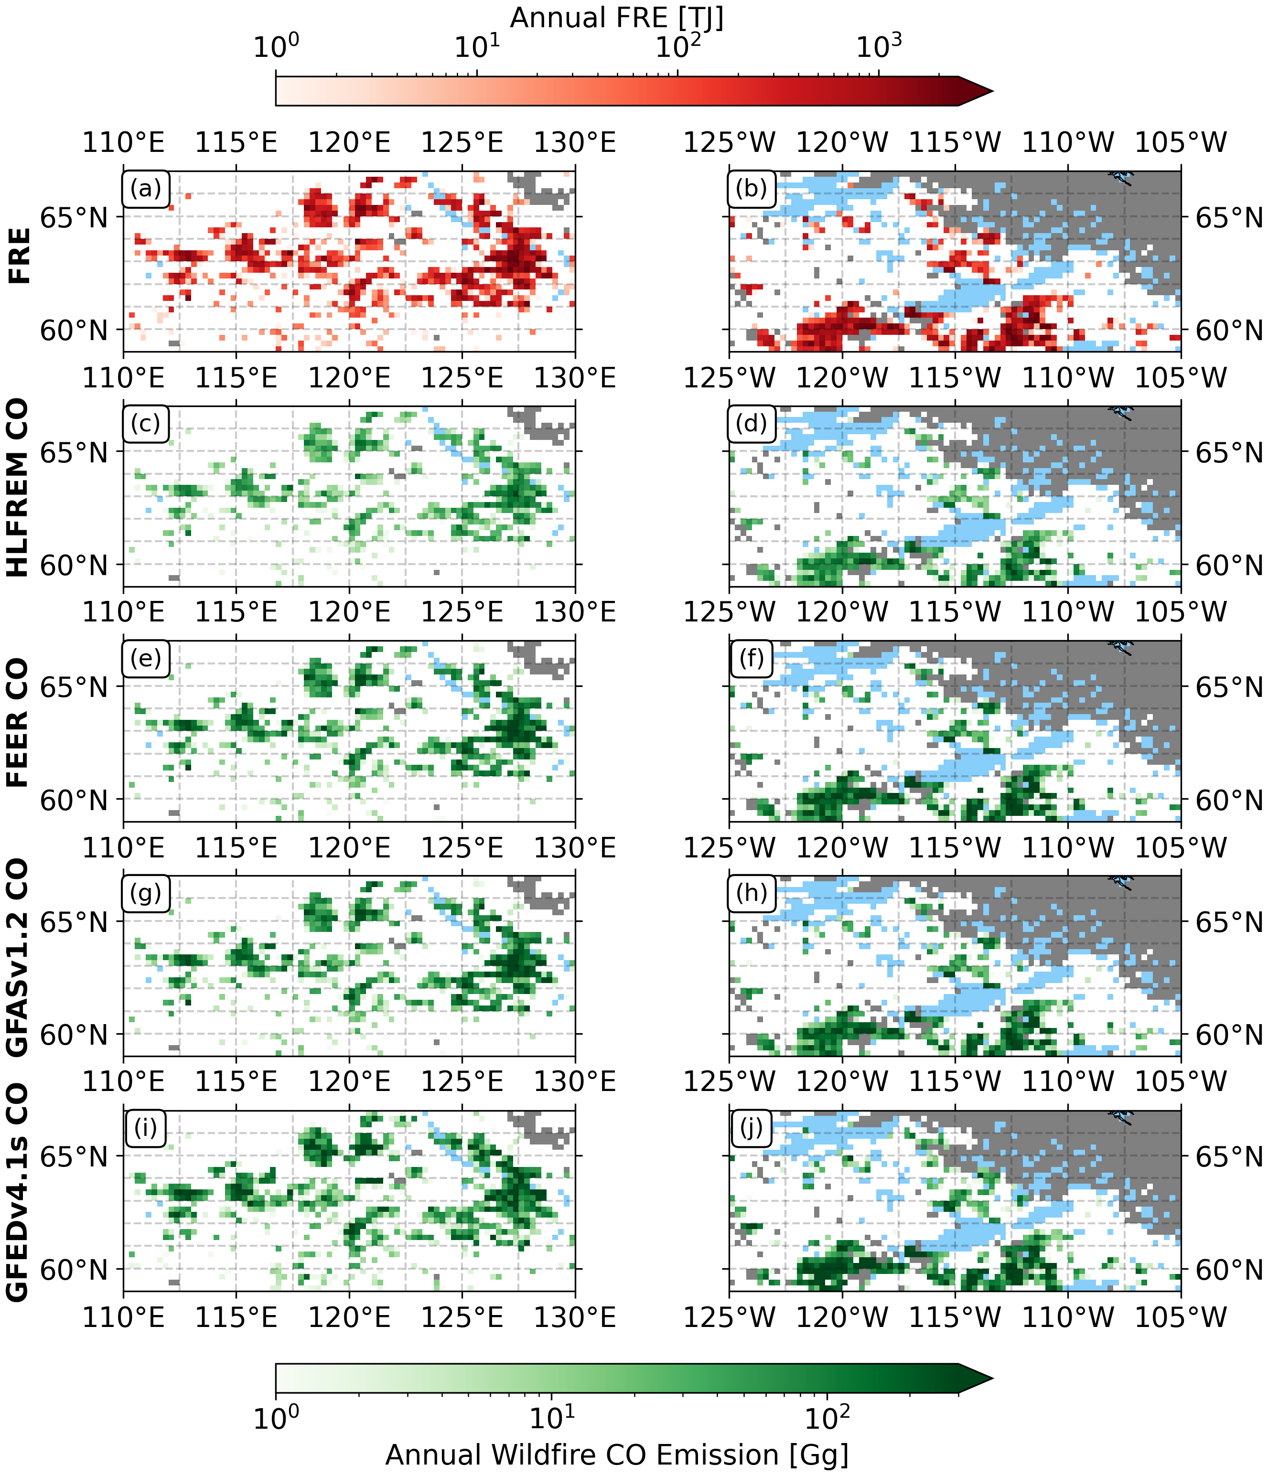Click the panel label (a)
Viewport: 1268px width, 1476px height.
pos(146,189)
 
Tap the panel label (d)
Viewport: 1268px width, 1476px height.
pos(752,424)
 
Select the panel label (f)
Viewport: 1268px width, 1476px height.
pos(752,658)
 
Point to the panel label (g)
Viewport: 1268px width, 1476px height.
pos(146,893)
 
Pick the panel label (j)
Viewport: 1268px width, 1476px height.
pos(752,1128)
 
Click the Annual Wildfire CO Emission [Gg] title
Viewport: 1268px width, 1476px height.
pos(617,1455)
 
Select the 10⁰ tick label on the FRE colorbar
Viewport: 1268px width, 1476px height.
pos(277,47)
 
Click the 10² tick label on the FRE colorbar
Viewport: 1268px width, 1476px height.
pos(678,47)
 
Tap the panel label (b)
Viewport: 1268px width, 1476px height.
pos(752,189)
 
